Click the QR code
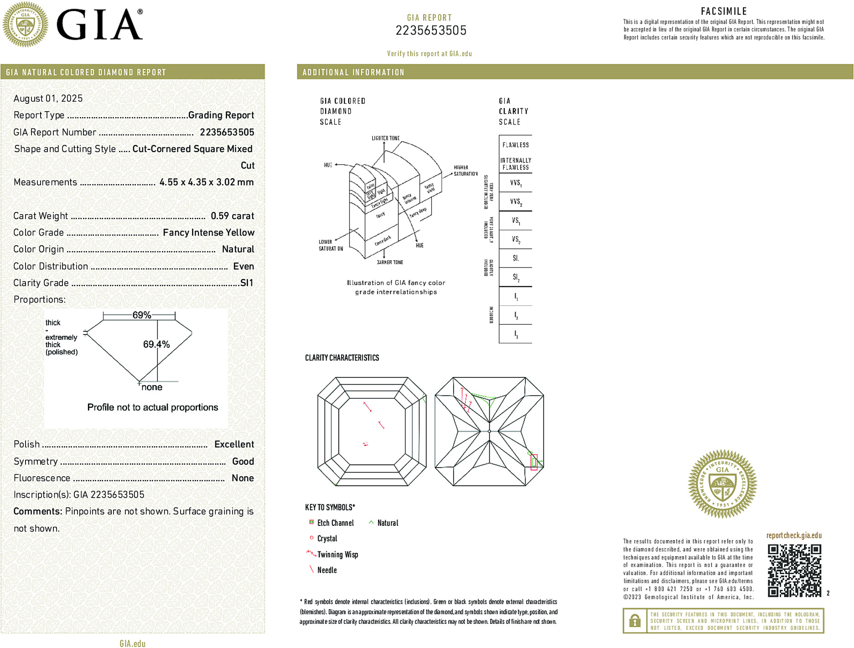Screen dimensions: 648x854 [x=794, y=570]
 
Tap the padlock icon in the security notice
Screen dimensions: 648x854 [x=635, y=621]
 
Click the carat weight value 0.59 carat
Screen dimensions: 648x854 [x=232, y=216]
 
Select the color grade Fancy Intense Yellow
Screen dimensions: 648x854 [x=208, y=232]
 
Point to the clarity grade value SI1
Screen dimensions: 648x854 [x=246, y=283]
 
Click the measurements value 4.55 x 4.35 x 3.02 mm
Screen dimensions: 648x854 [x=206, y=182]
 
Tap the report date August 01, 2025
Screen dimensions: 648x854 [x=48, y=98]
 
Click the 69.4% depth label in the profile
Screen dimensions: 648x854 [x=156, y=345]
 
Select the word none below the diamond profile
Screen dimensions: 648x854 [x=152, y=387]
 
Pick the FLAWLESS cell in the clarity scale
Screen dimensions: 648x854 [x=515, y=145]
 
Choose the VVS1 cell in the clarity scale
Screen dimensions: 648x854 [x=515, y=183]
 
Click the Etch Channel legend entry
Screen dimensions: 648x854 [x=335, y=523]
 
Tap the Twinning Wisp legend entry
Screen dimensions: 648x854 [x=337, y=555]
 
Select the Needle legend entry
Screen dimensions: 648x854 [x=326, y=570]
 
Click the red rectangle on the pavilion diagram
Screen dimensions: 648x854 [x=534, y=462]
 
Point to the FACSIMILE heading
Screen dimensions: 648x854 [x=724, y=11]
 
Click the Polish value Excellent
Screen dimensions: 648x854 [x=234, y=444]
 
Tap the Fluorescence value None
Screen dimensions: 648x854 [x=243, y=478]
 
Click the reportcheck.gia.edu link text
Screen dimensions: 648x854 [x=794, y=535]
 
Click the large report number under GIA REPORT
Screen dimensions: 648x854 [x=431, y=31]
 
